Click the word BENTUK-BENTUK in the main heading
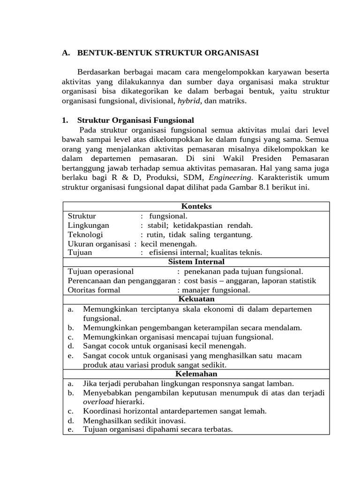click(x=104, y=53)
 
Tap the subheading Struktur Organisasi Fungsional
click(x=135, y=120)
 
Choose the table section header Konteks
click(x=196, y=206)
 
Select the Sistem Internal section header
click(x=196, y=262)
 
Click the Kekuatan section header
click(x=196, y=299)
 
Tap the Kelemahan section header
click(x=196, y=374)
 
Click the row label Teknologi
click(x=85, y=234)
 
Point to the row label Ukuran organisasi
click(x=99, y=244)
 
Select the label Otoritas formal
click(x=94, y=290)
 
